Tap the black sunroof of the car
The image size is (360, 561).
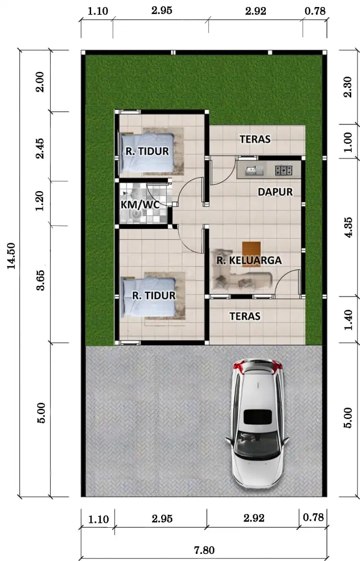tap(257, 417)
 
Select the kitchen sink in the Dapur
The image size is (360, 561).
tap(252, 169)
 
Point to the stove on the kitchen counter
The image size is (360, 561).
tap(283, 169)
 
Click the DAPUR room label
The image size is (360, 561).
tap(275, 192)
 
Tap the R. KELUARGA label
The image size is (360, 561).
tap(249, 260)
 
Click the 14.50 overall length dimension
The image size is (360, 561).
tap(12, 256)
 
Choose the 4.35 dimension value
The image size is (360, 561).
tap(349, 227)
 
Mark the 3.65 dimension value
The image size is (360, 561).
tap(41, 280)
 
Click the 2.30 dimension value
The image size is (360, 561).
tap(349, 88)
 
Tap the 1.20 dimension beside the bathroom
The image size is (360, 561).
tap(41, 202)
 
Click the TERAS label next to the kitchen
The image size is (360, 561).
tap(255, 139)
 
